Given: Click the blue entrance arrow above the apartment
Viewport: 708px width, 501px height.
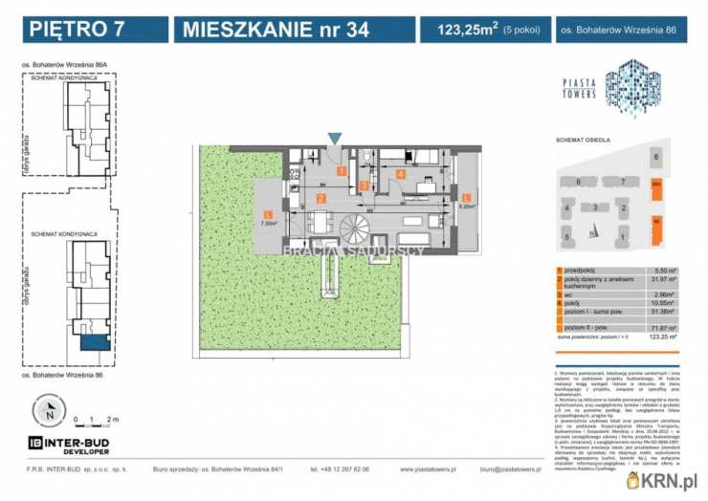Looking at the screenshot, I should click(x=333, y=141).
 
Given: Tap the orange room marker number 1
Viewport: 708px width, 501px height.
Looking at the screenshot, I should click(x=341, y=170).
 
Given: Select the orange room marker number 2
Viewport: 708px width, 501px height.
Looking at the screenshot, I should click(x=322, y=198).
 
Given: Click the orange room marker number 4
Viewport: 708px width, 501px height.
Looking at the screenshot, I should click(x=402, y=174).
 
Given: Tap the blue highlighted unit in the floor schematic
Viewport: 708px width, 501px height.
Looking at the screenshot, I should click(x=96, y=342).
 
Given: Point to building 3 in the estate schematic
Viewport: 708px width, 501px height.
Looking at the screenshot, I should click(x=595, y=207).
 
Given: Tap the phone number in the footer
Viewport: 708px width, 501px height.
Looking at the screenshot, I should click(x=340, y=469).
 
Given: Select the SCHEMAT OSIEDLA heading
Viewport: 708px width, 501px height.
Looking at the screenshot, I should click(x=584, y=140).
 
